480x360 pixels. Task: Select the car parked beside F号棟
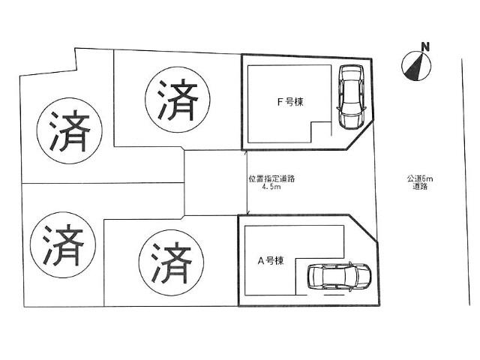pos(350,97)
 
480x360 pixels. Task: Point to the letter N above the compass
pos(425,47)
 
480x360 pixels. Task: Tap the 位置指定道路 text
pos(271,178)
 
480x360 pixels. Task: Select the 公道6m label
pos(421,178)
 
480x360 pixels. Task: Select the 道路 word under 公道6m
pos(420,187)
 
